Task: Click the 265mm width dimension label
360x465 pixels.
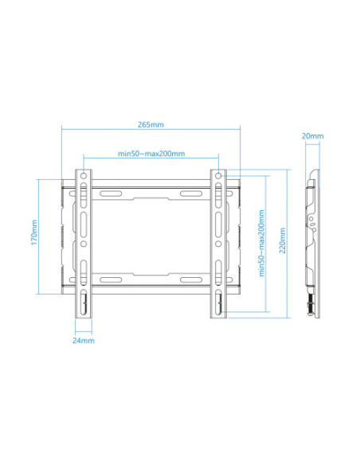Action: click(x=151, y=124)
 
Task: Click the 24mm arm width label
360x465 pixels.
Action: click(x=83, y=340)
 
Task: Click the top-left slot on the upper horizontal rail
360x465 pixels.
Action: click(x=108, y=193)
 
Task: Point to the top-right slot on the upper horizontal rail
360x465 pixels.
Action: click(x=194, y=193)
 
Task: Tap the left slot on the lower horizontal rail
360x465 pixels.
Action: click(x=108, y=279)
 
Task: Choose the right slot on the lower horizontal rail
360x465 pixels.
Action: click(x=194, y=279)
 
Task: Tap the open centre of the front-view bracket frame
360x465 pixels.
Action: click(x=151, y=236)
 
